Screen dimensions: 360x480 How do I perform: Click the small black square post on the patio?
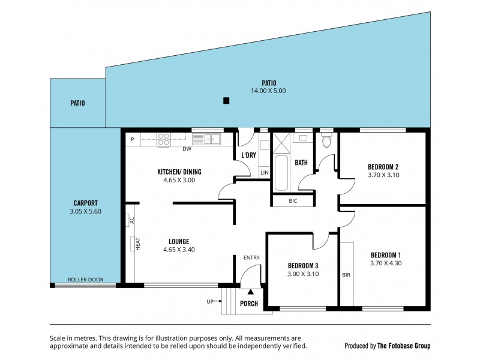[x=226, y=101]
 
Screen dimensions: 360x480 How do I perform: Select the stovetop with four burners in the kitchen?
[x=163, y=140]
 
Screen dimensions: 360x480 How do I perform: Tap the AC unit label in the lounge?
[x=130, y=221]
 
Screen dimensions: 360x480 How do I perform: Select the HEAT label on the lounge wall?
[x=137, y=244]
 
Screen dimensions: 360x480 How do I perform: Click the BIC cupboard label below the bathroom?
[x=293, y=201]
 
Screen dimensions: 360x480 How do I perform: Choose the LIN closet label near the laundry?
[x=264, y=173]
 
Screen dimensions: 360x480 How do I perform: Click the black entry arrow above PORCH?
[x=251, y=292]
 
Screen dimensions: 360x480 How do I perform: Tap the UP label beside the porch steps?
[x=211, y=302]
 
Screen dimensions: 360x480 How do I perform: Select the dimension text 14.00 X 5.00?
[x=268, y=91]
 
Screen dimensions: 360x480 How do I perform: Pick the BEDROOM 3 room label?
[x=302, y=266]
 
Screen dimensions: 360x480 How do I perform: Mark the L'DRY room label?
[x=249, y=156]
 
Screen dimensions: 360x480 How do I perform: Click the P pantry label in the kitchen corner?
[x=132, y=139]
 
